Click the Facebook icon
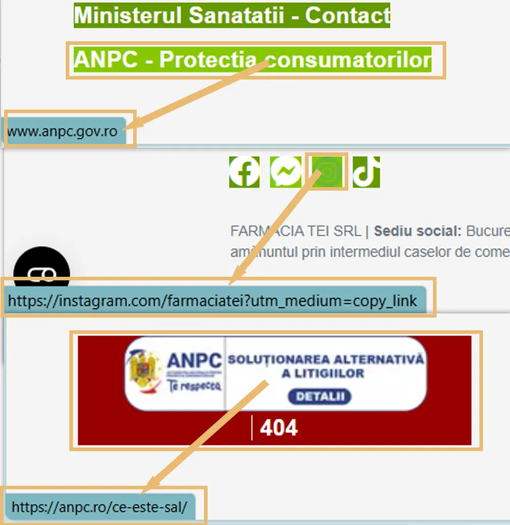coord(244,172)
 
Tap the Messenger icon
coord(286,172)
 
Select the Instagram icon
coord(326,172)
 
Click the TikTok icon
coord(366,172)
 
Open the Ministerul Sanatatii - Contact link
coord(232,15)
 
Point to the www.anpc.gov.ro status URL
coord(62,132)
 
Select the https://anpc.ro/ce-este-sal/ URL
coord(99,507)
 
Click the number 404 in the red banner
coord(278,428)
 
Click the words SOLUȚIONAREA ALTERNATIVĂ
coord(325,359)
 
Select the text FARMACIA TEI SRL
coord(295,231)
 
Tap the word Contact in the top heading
coord(347,15)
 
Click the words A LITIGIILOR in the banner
coord(323,374)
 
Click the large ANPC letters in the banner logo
coord(194,361)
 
